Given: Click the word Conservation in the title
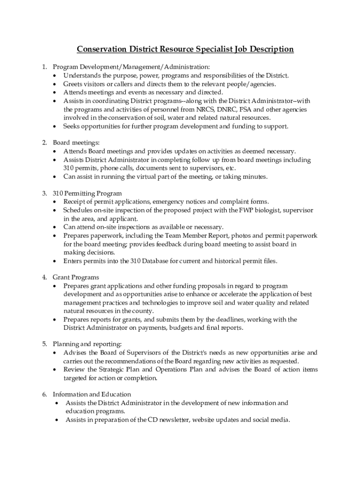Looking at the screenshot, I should tap(100, 49).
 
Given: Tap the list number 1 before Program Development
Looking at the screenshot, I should tap(44, 67).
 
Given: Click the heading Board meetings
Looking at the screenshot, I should tap(76, 143).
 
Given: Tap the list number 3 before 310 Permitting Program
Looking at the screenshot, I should tap(44, 193).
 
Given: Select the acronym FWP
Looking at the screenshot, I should tap(247, 210).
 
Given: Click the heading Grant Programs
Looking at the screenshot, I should tap(76, 277).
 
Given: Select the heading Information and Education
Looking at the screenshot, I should tap(92, 394).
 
